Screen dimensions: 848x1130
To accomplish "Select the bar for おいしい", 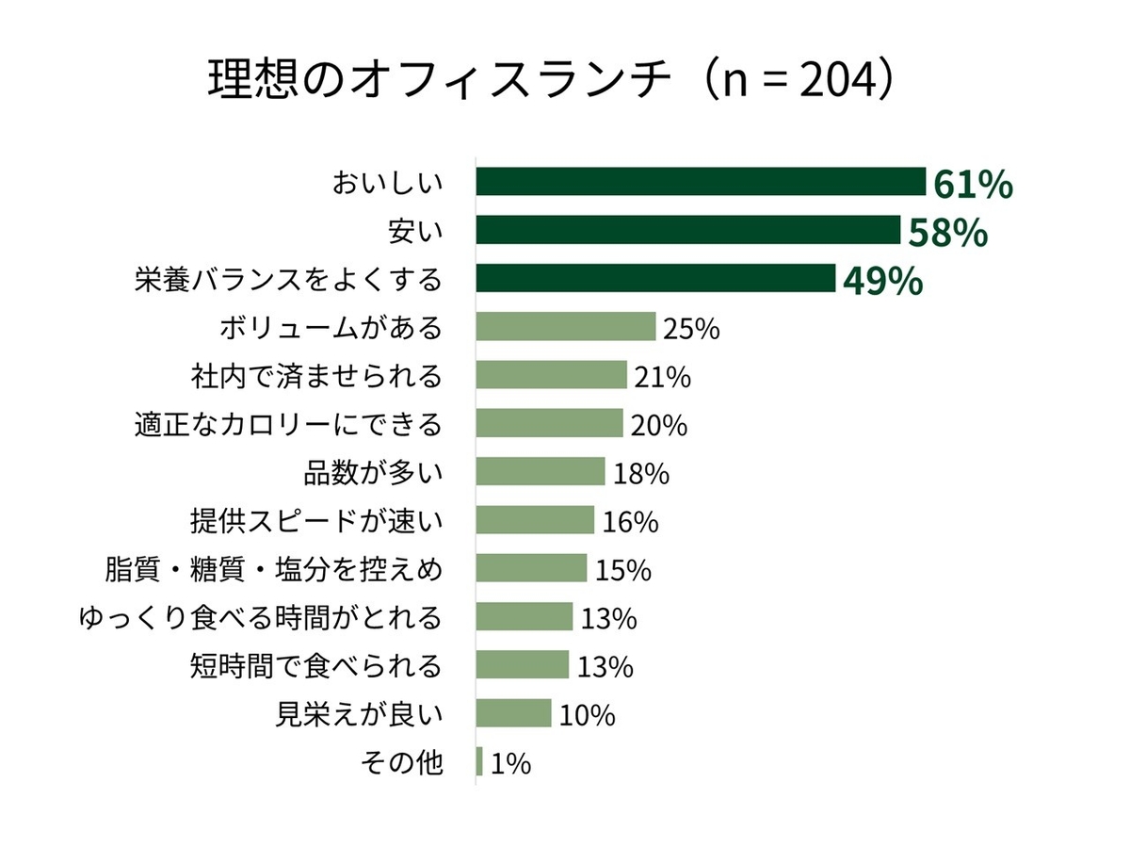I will click(x=701, y=181).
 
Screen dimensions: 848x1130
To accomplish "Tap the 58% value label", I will click(x=946, y=232).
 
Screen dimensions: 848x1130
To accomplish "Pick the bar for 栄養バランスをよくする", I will click(x=655, y=278).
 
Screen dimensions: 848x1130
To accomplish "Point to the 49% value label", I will click(x=882, y=281).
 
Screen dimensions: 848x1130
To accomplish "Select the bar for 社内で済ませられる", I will click(x=551, y=375).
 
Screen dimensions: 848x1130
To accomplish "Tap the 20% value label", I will click(x=658, y=425).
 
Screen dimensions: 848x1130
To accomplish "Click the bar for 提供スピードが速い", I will click(x=535, y=520).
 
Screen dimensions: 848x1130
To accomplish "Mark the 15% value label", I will click(x=623, y=570).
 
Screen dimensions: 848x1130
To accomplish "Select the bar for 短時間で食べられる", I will click(x=523, y=664).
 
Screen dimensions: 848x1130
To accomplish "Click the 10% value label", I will click(x=587, y=715).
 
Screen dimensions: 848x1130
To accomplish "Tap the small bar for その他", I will click(x=479, y=761).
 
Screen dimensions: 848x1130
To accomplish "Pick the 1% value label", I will click(x=510, y=763).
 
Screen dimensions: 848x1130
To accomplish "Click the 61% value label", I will click(x=973, y=185).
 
